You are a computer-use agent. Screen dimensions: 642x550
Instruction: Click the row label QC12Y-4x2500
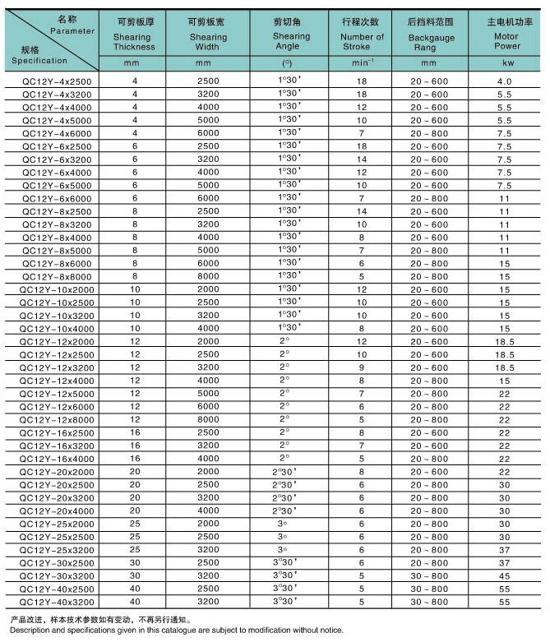pyautogui.click(x=52, y=81)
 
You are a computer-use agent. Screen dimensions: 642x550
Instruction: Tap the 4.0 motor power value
pyautogui.click(x=505, y=81)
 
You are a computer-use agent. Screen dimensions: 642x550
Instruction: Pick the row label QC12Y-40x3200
pyautogui.click(x=52, y=603)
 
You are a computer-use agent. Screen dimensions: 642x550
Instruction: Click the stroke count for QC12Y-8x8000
pyautogui.click(x=361, y=276)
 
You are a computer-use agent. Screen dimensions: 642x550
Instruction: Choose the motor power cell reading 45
pyautogui.click(x=505, y=576)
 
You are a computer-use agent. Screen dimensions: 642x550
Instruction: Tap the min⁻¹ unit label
pyautogui.click(x=361, y=62)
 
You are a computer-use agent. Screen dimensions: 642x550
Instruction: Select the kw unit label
pyautogui.click(x=505, y=62)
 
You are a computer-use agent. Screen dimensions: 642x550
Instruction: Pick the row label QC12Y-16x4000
pyautogui.click(x=52, y=459)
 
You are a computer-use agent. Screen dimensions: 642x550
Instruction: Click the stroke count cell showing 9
pyautogui.click(x=361, y=367)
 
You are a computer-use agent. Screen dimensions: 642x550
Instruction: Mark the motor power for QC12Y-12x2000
pyautogui.click(x=505, y=341)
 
